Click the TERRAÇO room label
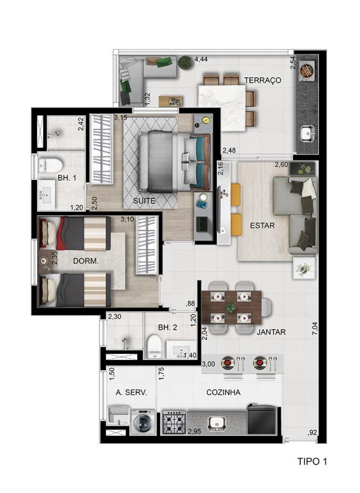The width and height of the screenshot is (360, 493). point(262,81)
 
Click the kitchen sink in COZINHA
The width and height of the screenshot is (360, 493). point(218,422)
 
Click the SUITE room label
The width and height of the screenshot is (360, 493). point(144,201)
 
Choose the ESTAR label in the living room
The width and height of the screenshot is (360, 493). point(262,225)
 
